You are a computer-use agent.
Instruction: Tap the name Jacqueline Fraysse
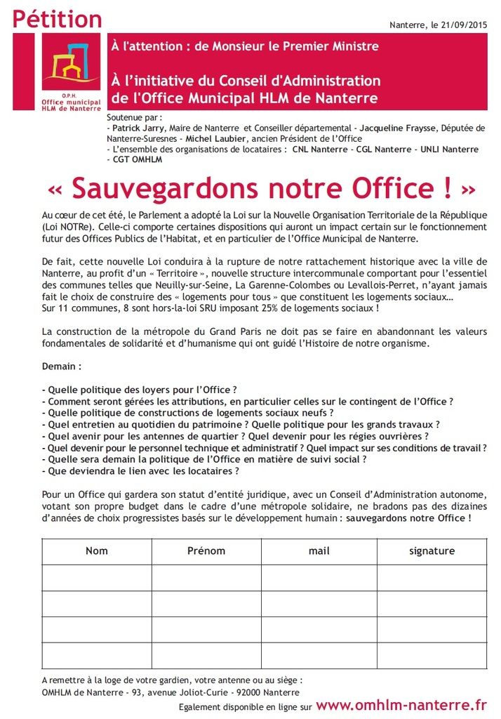[399, 128]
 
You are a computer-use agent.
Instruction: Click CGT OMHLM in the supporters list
[137, 160]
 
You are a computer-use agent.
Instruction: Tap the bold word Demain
[61, 366]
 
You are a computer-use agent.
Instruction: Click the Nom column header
[96, 551]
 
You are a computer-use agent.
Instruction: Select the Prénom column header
[206, 551]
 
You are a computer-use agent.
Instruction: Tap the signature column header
[432, 551]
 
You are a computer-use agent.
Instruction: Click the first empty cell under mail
[319, 577]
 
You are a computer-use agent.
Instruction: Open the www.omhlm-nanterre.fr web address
[401, 705]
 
